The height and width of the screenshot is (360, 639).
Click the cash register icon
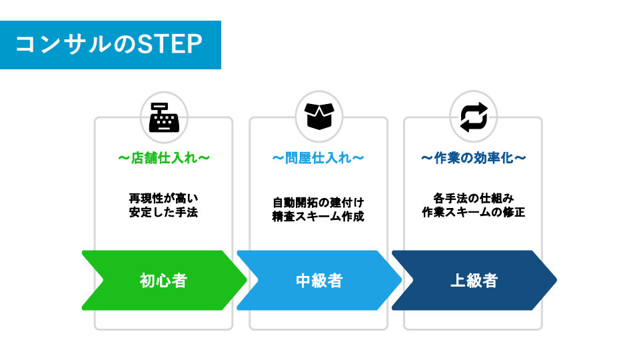[164, 117]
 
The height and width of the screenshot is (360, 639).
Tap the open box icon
[319, 116]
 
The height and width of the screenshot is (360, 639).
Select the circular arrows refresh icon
[474, 117]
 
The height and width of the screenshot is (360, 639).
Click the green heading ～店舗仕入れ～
[164, 158]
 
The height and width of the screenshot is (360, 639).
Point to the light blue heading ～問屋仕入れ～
[319, 158]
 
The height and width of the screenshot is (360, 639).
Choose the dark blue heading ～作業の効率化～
[474, 158]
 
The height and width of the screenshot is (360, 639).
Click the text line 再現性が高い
[164, 199]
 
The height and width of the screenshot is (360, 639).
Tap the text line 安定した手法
[164, 213]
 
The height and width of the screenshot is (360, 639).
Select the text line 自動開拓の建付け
[319, 203]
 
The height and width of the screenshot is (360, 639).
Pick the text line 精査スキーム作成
[319, 217]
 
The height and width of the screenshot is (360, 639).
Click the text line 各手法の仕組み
[474, 199]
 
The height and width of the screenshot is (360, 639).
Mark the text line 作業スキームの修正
[474, 213]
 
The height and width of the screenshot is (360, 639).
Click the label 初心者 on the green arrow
[163, 281]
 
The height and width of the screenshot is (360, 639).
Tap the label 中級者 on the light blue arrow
[319, 281]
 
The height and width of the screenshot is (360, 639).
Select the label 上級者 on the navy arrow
[474, 281]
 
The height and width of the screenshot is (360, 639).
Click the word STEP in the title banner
[170, 45]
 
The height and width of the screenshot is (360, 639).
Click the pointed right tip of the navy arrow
[556, 280]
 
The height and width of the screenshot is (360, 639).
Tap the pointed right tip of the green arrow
[247, 280]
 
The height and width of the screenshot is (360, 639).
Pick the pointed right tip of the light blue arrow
[402, 280]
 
